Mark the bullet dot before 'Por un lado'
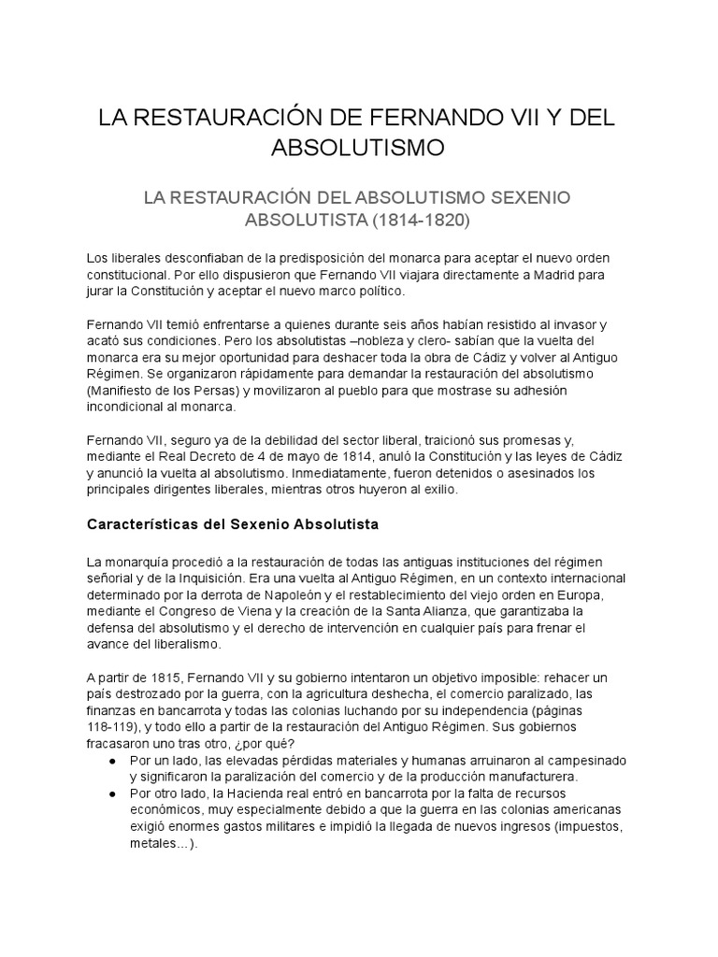coord(112,760)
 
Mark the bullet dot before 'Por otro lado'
coord(112,793)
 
